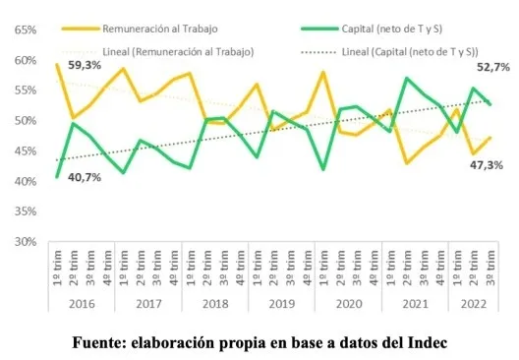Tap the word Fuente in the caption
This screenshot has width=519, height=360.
(104, 344)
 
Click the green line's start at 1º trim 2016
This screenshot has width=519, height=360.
(58, 177)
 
